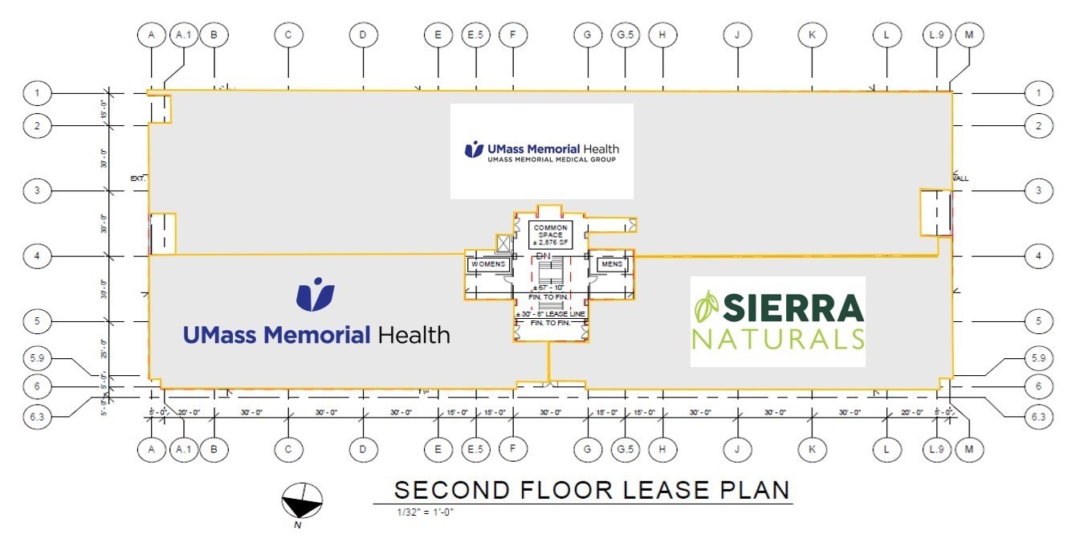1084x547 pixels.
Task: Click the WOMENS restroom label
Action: pos(488,264)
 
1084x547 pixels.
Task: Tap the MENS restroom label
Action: pos(612,264)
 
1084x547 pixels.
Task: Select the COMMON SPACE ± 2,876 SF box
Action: pos(551,234)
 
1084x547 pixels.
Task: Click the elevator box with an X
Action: pos(503,243)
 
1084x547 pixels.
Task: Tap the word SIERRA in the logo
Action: pos(793,308)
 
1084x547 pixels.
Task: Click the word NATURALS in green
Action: pos(778,338)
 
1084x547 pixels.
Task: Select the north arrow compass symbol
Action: pos(302,503)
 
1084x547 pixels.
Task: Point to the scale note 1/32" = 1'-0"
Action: pos(426,512)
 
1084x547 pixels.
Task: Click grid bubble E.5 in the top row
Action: pos(475,35)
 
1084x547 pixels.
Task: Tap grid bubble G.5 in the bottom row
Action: pos(625,449)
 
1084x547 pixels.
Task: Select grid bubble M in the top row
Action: pos(969,35)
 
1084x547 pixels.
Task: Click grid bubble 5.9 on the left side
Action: pos(36,357)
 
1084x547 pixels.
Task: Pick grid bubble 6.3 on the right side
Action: pos(1039,416)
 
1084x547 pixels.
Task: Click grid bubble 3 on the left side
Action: pos(36,190)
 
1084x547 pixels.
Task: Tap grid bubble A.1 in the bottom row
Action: pos(184,449)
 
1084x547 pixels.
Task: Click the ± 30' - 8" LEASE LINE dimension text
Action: pos(551,313)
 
